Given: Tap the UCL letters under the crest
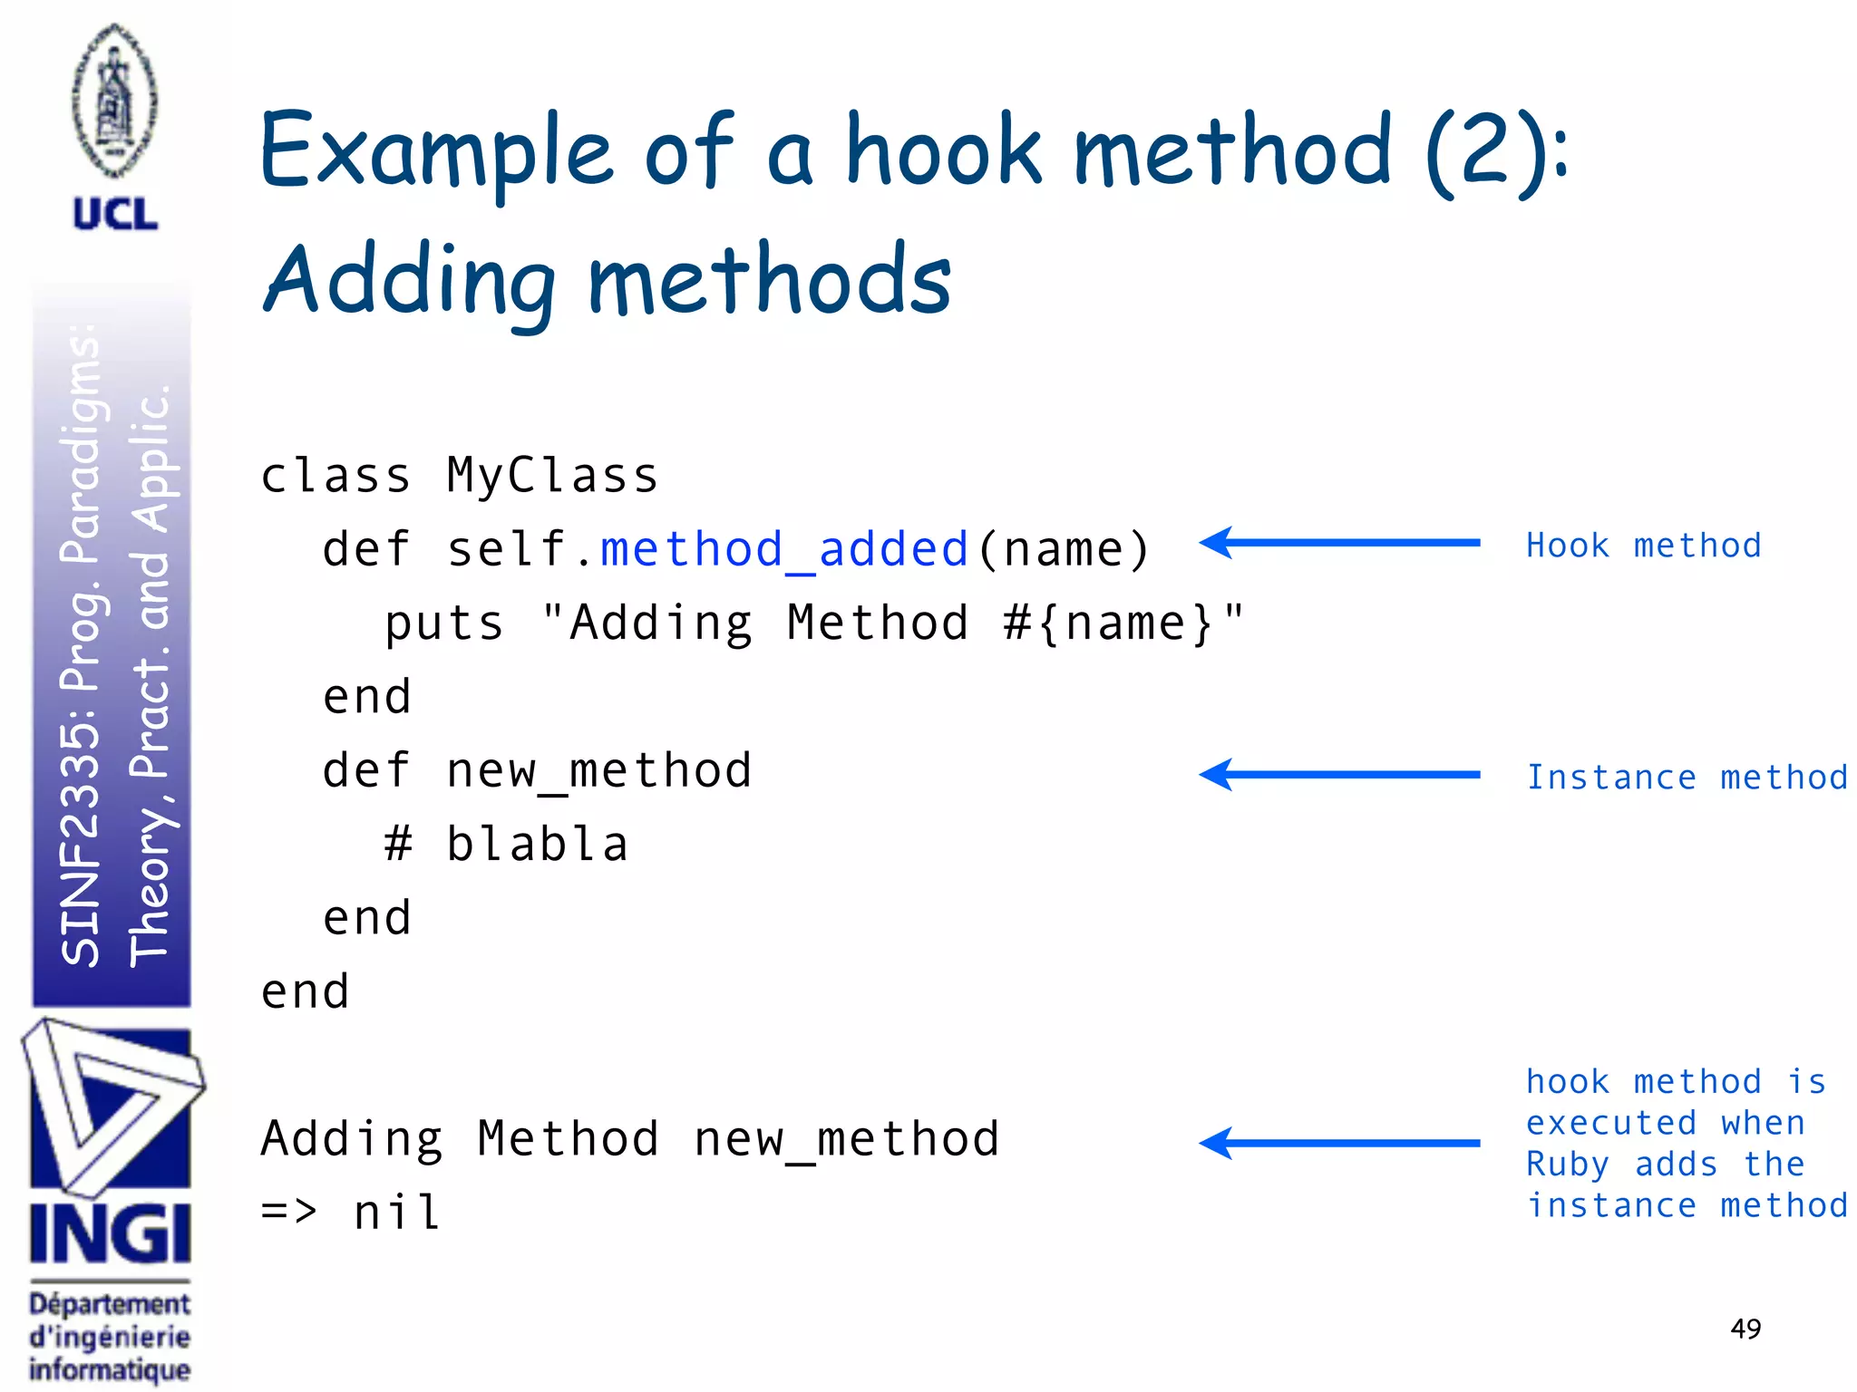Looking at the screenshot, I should pos(115,215).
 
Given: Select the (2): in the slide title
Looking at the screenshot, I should pos(1496,154).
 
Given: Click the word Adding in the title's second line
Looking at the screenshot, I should pos(409,281).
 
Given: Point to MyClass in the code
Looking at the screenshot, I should pos(552,475).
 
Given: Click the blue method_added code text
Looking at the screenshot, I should pos(784,549).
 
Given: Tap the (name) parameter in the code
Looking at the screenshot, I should pos(1063,549).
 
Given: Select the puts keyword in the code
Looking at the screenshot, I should pos(443,623).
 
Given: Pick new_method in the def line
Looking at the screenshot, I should pos(598,771).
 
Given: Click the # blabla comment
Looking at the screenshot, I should pos(506,845).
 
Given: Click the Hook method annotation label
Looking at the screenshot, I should pos(1643,546).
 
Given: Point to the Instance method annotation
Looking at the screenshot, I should pos(1687,778).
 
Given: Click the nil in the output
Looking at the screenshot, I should pos(397,1212).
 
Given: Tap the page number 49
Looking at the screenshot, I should pos(1745,1329).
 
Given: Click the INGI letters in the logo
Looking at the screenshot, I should pos(110,1234).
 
